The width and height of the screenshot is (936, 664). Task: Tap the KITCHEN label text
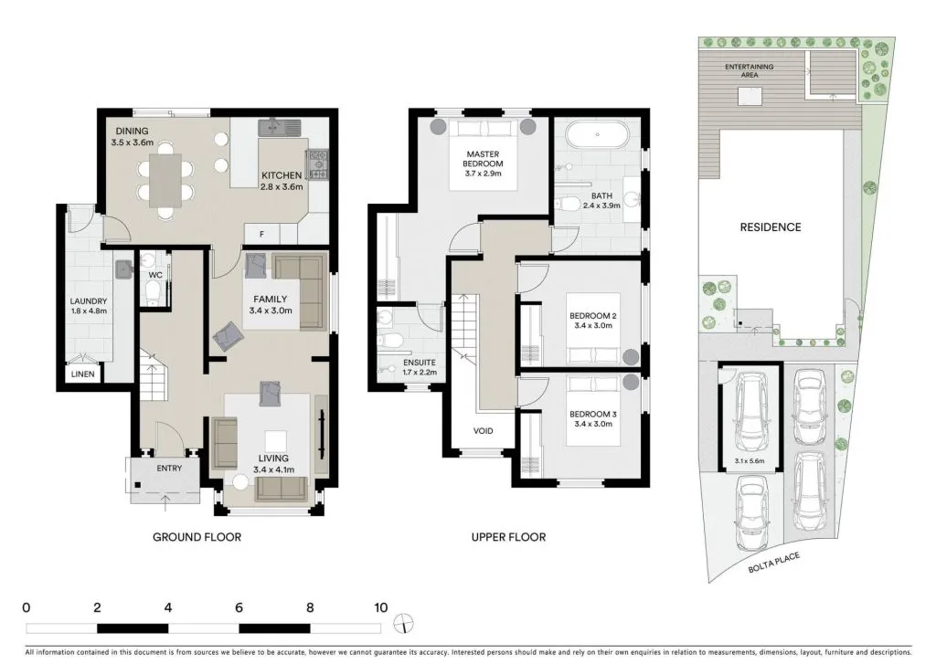(x=282, y=175)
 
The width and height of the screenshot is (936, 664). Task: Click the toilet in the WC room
(x=153, y=292)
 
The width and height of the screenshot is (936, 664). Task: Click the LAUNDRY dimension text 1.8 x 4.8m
(x=89, y=311)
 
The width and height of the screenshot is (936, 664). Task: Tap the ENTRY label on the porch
(x=169, y=469)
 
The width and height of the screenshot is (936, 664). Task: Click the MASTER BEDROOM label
(x=483, y=159)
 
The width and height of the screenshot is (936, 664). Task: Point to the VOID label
(x=484, y=430)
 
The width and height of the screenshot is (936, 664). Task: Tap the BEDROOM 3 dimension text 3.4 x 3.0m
(x=593, y=424)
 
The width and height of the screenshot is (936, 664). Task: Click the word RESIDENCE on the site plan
(x=770, y=227)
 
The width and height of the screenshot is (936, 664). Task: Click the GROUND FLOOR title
(x=197, y=537)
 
